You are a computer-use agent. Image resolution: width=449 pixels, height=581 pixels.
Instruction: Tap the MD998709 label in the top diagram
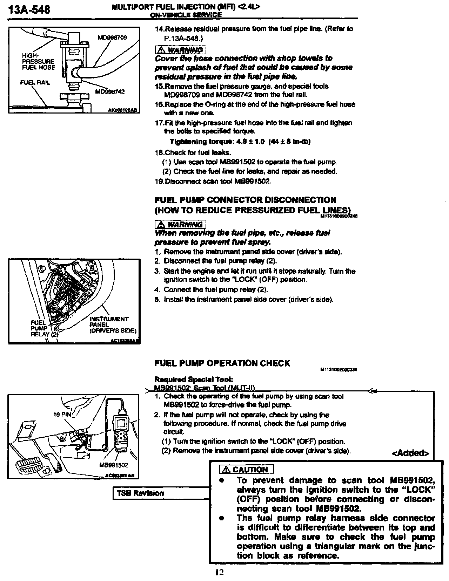[112, 37]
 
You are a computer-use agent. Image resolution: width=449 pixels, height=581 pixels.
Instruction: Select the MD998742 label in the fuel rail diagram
[110, 92]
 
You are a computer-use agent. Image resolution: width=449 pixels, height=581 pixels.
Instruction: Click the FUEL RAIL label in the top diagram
[35, 82]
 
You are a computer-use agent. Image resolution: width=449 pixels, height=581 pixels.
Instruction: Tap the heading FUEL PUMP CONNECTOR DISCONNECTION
[245, 200]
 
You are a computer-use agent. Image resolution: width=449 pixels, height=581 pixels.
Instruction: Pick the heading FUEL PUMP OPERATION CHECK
[222, 363]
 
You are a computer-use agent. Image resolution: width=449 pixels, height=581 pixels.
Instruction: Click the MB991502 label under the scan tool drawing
[114, 465]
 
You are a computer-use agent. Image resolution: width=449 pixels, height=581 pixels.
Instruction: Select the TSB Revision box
[140, 493]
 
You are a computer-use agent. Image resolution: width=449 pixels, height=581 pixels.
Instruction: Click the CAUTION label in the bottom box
[246, 470]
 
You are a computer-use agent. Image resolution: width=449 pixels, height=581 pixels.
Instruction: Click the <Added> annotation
[410, 453]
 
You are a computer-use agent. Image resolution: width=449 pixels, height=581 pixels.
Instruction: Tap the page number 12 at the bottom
[219, 573]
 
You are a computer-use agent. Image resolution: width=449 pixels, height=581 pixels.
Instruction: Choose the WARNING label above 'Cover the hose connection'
[180, 50]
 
